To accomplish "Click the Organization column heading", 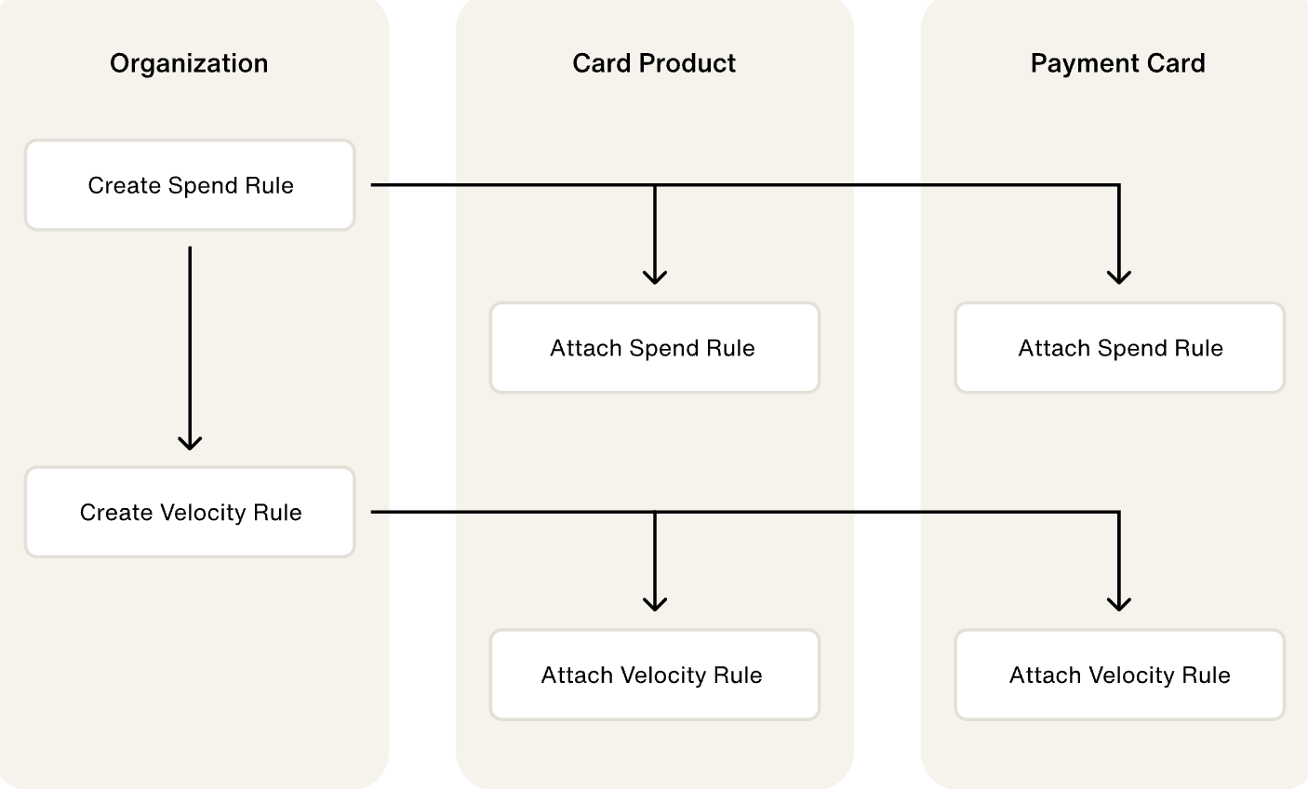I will coord(189,63).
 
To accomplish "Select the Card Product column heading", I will coord(654,63).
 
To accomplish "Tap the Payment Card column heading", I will coord(1117,63).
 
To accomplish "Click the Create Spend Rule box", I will coord(190,185).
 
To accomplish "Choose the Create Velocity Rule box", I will coord(190,512).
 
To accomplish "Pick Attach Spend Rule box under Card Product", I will coord(654,348).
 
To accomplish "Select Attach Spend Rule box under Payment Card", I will coord(1119,348).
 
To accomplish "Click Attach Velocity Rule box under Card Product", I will coord(654,675).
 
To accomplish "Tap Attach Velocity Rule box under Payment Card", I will coord(1119,675).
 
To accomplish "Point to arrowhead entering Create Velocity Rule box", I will coord(190,444).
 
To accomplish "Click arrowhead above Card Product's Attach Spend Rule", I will coord(655,277).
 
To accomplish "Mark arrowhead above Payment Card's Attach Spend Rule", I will coord(1119,277).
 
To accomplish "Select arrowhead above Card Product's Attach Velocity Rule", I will coord(655,605).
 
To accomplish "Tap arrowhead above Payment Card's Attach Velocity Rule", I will coord(1119,605).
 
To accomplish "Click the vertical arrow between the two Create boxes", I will coord(190,344).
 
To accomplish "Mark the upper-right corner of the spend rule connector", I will coord(1118,185).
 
